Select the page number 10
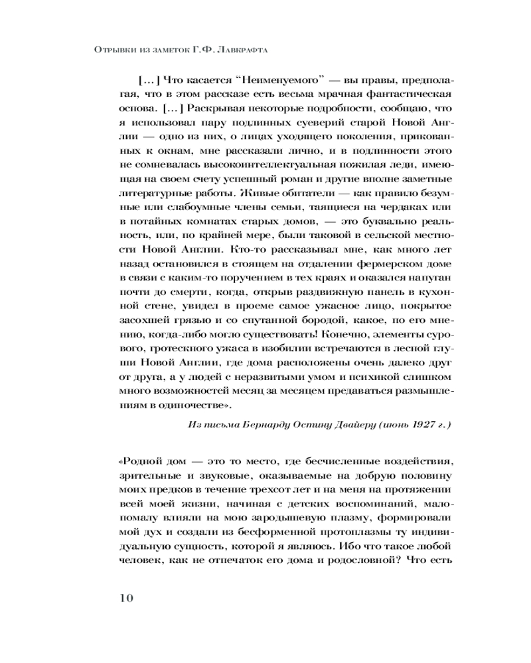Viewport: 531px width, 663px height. (x=125, y=597)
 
